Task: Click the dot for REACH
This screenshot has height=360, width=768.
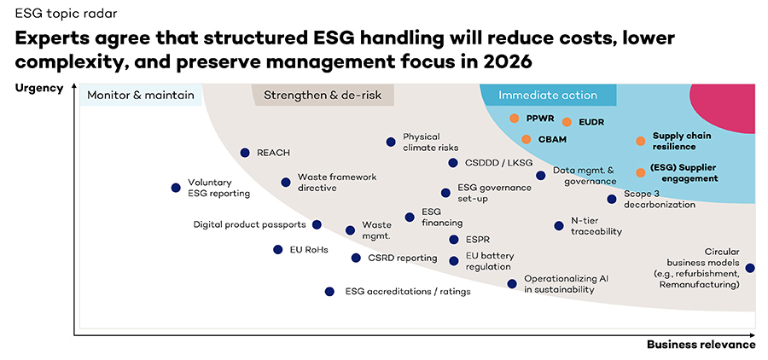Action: pyautogui.click(x=245, y=153)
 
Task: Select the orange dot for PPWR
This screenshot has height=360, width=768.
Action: pyautogui.click(x=515, y=119)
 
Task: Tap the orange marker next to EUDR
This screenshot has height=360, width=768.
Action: pyautogui.click(x=567, y=122)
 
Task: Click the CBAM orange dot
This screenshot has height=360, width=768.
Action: pyautogui.click(x=526, y=139)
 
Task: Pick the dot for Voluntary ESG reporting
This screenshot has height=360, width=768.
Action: pyautogui.click(x=176, y=187)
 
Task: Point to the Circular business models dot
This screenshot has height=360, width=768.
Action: pyautogui.click(x=750, y=268)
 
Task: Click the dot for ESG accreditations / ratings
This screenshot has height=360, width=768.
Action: pyautogui.click(x=329, y=291)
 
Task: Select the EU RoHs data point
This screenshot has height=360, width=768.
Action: pyautogui.click(x=277, y=249)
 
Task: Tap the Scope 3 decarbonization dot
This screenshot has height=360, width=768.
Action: pyautogui.click(x=612, y=199)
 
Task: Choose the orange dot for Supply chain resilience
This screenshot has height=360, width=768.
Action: pyautogui.click(x=640, y=141)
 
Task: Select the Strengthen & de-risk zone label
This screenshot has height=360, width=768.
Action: pyautogui.click(x=322, y=96)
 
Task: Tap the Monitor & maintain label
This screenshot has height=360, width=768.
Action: pyautogui.click(x=141, y=96)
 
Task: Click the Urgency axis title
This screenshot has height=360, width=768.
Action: pyautogui.click(x=40, y=88)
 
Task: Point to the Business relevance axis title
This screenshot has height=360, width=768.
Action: pyautogui.click(x=701, y=345)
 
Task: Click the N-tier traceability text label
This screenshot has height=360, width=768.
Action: pyautogui.click(x=596, y=226)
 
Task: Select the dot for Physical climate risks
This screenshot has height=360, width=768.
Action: pyautogui.click(x=391, y=142)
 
